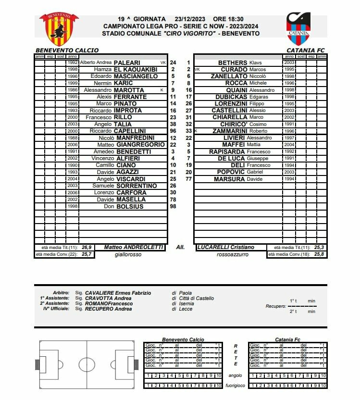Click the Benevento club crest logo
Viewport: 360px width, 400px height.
click(59, 29)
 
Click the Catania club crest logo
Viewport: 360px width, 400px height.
click(298, 28)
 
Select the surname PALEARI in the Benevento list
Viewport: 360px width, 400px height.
click(127, 62)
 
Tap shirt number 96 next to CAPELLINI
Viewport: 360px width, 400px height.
click(173, 131)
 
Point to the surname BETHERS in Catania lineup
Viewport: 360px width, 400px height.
click(233, 62)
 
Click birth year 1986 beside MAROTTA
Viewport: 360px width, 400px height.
click(73, 90)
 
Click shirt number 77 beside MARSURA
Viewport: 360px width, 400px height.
click(188, 179)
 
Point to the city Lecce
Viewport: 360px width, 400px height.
click(185, 309)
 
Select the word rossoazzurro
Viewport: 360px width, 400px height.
click(233, 254)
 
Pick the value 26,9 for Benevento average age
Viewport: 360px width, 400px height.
click(87, 247)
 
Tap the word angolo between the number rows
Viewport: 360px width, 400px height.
click(236, 375)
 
